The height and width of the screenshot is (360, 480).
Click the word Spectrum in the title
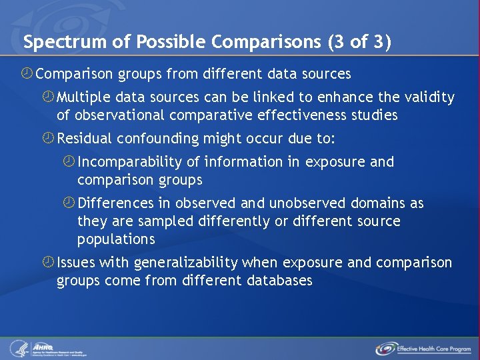55,43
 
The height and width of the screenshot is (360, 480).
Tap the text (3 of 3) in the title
359,43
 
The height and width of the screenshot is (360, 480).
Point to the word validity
429,98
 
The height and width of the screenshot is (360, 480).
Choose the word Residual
85,139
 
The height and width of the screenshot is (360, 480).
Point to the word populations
116,239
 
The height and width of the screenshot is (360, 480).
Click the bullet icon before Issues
48,263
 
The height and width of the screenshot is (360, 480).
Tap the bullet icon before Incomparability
69,162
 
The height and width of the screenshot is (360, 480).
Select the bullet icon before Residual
48,139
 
